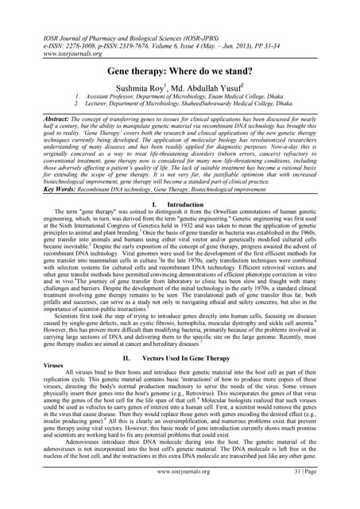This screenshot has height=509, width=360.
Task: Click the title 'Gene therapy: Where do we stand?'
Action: click(x=180, y=71)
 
